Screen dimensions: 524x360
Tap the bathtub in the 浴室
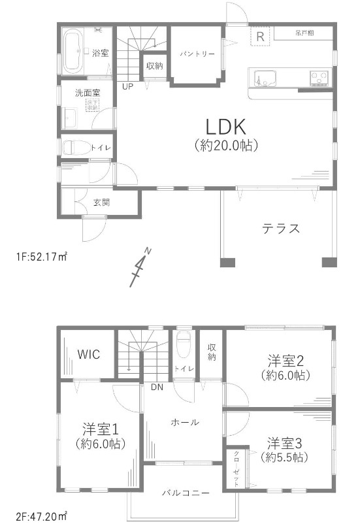coord(73,50)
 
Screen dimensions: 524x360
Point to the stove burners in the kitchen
coord(319,78)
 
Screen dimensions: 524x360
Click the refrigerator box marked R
coord(260,36)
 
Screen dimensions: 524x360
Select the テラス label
coord(281,228)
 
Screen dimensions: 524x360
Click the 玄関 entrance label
coord(101,203)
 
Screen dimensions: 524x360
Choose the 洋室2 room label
coord(287,359)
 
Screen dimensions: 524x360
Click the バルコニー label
coord(186,491)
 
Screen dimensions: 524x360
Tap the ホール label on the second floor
coord(185,422)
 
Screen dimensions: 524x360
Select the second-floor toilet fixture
coord(184,344)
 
